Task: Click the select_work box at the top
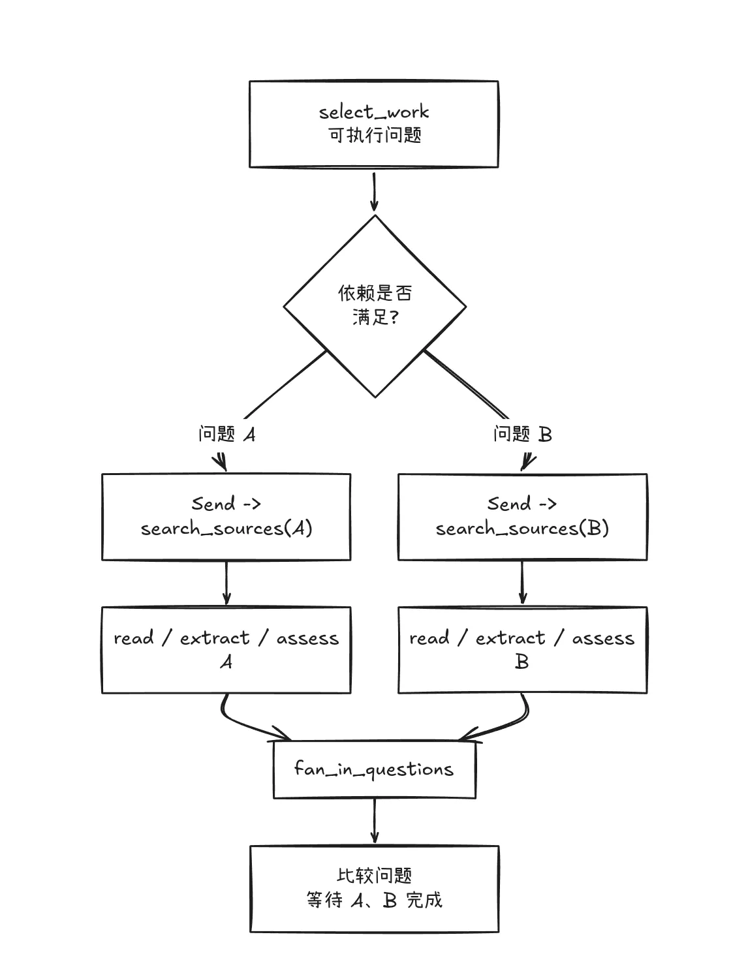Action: coord(374,124)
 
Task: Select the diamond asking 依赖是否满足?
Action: coord(375,306)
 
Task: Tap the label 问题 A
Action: coord(227,434)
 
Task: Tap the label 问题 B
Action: coord(523,434)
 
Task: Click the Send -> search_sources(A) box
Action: coord(226,517)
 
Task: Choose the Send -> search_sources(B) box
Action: coord(523,517)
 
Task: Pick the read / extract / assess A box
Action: coord(226,650)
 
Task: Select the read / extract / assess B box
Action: coord(523,650)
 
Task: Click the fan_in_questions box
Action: coord(375,770)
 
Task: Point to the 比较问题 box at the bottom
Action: coord(375,889)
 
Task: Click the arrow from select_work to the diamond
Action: coord(374,192)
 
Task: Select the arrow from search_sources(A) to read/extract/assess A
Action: coord(226,583)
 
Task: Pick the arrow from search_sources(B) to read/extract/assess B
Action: coord(522,583)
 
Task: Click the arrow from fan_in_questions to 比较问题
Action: coord(375,822)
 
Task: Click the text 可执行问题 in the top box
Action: coord(375,135)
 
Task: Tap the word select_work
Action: coord(374,112)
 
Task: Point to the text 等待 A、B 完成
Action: coord(375,901)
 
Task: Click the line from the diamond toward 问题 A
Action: coord(285,384)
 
